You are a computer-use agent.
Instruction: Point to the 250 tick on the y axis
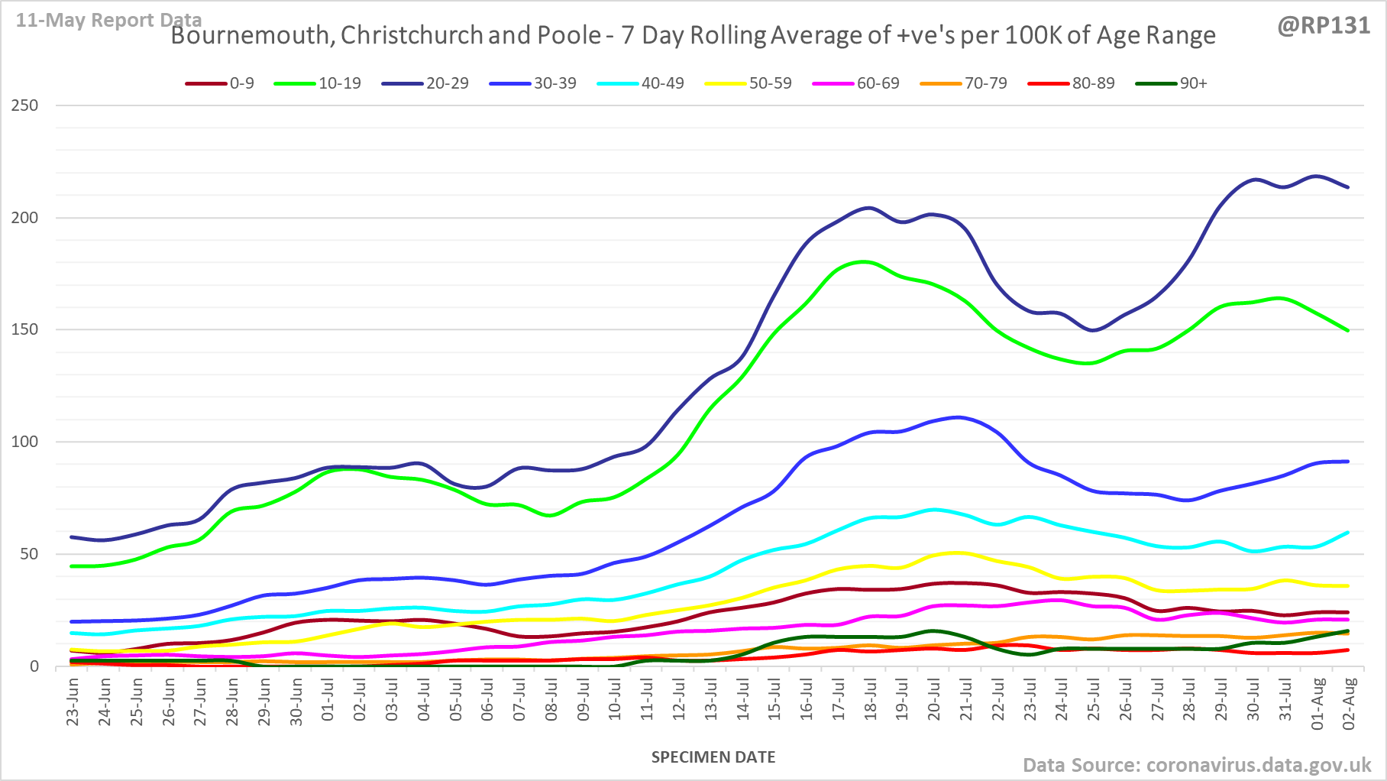(x=24, y=105)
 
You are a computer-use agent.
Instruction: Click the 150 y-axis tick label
(x=24, y=329)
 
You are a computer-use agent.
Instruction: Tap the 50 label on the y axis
(x=29, y=554)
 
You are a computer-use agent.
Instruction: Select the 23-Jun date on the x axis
(x=73, y=702)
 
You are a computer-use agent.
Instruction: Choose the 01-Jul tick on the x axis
(x=328, y=702)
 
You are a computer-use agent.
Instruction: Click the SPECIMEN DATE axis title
(x=713, y=757)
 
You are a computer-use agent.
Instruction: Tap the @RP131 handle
(x=1324, y=26)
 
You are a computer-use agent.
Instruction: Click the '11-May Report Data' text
(x=108, y=20)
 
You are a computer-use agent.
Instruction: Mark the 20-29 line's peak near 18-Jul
(x=868, y=208)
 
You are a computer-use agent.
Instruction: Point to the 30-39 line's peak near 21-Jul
(x=959, y=417)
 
